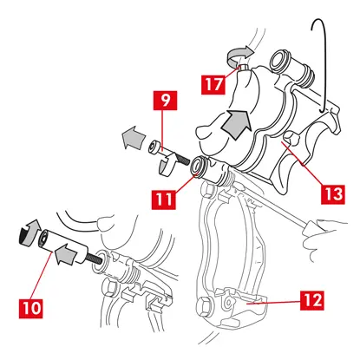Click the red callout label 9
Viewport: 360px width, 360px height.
coord(165,101)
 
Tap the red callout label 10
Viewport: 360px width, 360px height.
coord(31,309)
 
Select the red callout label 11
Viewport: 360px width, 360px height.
coord(164,200)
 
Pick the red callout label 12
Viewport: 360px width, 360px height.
coord(311,300)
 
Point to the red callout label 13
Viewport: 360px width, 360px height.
coord(333,194)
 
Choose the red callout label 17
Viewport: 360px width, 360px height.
coord(213,85)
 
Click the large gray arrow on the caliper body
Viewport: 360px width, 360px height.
coord(236,123)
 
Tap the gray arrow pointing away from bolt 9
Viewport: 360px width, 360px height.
coord(134,137)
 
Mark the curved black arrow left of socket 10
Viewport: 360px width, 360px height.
coord(28,233)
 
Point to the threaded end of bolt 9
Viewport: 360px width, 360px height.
coord(181,159)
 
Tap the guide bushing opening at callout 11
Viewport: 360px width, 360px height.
coord(199,166)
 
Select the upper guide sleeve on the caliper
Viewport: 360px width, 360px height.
coord(292,68)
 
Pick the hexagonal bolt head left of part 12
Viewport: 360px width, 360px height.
coord(205,308)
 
